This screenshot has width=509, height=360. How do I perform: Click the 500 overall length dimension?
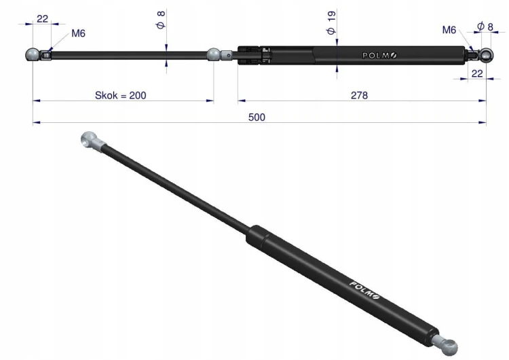(x=257, y=117)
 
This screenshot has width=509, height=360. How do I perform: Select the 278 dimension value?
(x=359, y=95)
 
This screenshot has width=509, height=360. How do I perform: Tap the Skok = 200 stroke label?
(x=120, y=95)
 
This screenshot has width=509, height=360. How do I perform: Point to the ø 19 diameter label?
(x=331, y=22)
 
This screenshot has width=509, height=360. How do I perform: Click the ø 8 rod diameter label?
(x=161, y=20)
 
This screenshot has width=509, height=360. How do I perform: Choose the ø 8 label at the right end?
(x=485, y=26)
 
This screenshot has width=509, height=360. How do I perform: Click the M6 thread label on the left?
(x=78, y=33)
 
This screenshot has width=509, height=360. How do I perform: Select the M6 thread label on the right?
(x=449, y=30)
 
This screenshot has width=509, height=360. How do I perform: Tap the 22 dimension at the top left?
(x=42, y=18)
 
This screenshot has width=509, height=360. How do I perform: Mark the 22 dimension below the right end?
(x=477, y=73)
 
